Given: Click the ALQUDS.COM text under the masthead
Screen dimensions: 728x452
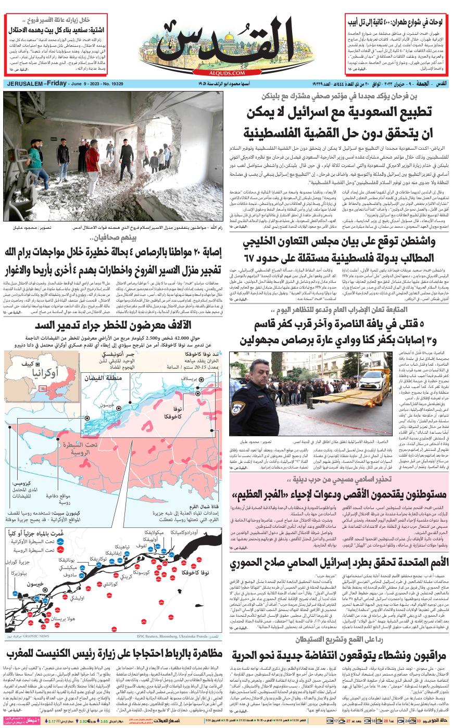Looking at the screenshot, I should point(226,74).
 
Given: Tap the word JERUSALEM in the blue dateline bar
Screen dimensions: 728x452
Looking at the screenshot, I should point(24,84).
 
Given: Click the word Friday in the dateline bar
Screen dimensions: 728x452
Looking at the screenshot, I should point(58,84).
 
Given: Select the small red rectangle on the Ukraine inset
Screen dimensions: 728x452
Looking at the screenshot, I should point(42,388).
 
